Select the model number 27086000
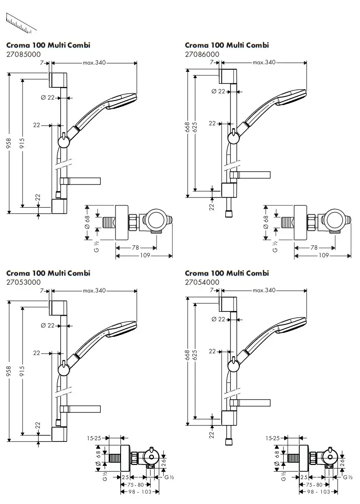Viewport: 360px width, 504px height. coord(202,54)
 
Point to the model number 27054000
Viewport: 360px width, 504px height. coord(202,282)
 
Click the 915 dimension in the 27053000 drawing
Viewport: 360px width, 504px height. coord(23,371)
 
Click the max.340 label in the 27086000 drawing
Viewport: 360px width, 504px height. coord(264,63)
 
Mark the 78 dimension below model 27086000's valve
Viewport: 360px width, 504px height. coord(314,247)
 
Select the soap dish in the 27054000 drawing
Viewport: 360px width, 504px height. coord(253,403)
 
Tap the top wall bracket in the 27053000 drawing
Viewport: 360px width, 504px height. coord(58,307)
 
